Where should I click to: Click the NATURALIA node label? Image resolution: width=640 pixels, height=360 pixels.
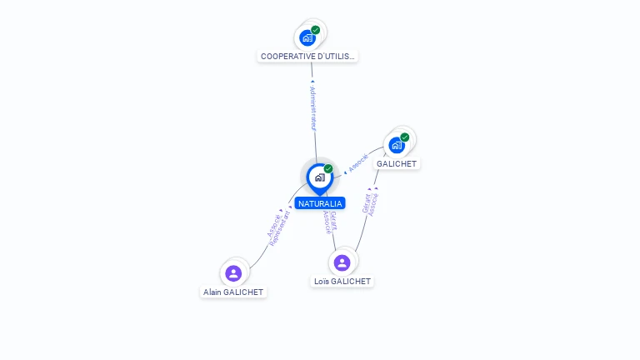(319, 203)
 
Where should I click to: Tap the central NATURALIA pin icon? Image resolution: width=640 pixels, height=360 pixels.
(319, 177)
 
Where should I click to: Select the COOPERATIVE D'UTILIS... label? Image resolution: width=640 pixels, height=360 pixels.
(307, 57)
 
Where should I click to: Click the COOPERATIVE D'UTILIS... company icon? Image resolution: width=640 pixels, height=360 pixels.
(307, 37)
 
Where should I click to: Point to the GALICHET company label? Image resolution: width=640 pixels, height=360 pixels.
(397, 164)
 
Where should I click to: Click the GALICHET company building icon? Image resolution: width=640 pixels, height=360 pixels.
(397, 145)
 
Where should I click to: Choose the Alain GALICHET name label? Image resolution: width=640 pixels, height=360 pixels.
(233, 292)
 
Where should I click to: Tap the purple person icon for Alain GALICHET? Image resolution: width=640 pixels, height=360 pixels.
(233, 272)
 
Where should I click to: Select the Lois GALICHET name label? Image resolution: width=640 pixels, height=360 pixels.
(342, 282)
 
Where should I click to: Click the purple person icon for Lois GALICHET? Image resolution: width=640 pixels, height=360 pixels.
(342, 262)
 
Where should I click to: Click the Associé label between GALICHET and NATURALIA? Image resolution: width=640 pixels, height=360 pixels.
(358, 162)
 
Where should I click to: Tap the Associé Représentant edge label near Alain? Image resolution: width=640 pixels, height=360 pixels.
(279, 226)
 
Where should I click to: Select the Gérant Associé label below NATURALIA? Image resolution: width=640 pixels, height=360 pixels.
(330, 222)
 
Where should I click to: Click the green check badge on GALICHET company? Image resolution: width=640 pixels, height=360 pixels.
(405, 137)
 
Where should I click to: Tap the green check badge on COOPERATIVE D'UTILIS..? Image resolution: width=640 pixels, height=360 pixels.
(316, 30)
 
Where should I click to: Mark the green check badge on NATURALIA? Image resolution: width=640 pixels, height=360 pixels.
(328, 169)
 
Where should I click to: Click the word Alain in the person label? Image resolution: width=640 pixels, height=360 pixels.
(212, 292)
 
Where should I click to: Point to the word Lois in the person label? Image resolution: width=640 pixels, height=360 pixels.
(322, 282)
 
